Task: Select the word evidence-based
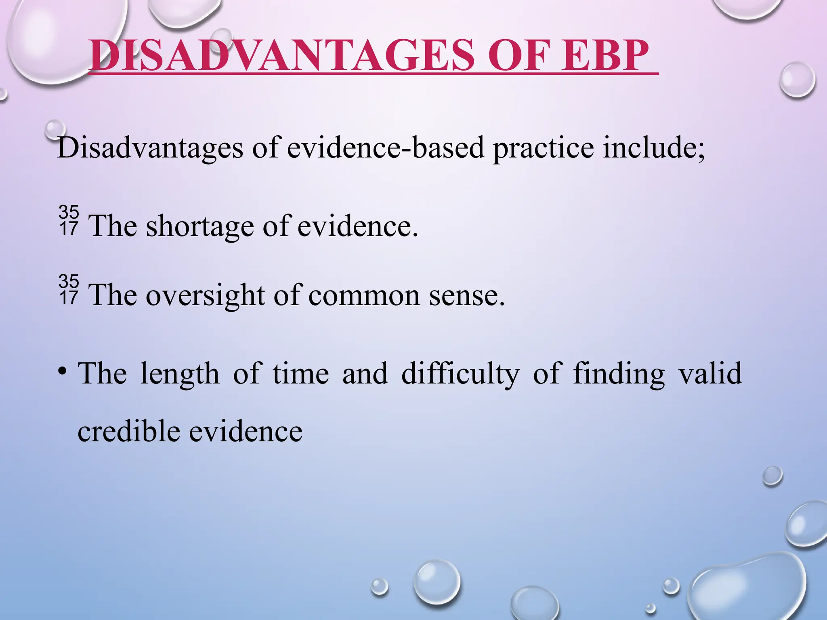pyautogui.click(x=385, y=148)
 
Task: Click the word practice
pyautogui.click(x=543, y=148)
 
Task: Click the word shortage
pyautogui.click(x=200, y=226)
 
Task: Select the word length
pyautogui.click(x=179, y=374)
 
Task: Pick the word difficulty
pyautogui.click(x=460, y=374)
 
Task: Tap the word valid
pyautogui.click(x=711, y=373)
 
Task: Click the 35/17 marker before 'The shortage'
pyautogui.click(x=69, y=220)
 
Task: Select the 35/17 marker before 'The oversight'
pyautogui.click(x=69, y=289)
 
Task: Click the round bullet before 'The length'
pyautogui.click(x=62, y=371)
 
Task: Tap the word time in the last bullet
pyautogui.click(x=300, y=374)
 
